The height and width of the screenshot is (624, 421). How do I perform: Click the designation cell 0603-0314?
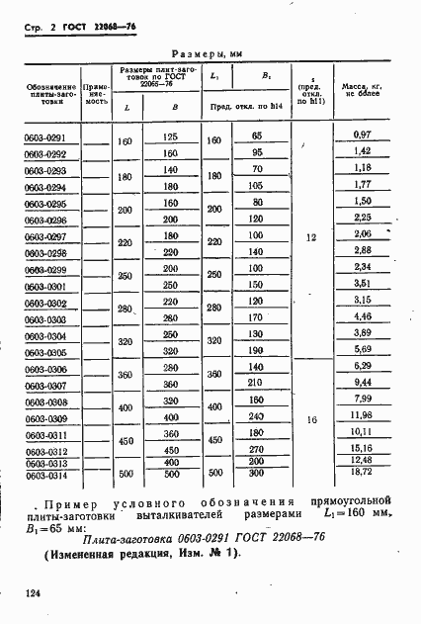click(x=46, y=476)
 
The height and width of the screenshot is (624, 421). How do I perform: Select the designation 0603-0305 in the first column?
click(x=46, y=353)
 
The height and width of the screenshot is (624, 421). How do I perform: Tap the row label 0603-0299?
click(x=46, y=270)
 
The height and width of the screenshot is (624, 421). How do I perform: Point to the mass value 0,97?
click(x=362, y=134)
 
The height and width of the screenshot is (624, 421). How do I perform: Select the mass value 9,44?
click(x=362, y=383)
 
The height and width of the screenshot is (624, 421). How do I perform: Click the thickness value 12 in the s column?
click(x=311, y=239)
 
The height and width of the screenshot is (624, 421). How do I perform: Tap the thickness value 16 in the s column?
click(x=311, y=420)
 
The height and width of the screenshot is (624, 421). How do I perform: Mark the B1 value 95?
click(x=256, y=152)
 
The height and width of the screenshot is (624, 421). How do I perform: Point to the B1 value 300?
click(x=256, y=474)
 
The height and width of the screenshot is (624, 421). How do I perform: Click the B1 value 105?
click(x=256, y=185)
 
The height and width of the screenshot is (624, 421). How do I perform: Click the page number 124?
click(x=30, y=594)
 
